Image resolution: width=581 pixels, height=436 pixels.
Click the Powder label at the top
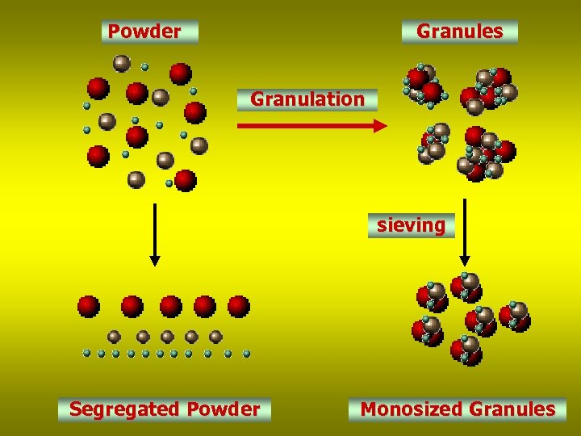pos(144,31)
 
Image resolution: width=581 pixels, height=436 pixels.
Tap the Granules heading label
pos(459,31)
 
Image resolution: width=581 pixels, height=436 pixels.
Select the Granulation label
pos(307,99)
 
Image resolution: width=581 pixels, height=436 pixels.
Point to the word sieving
pos(411,225)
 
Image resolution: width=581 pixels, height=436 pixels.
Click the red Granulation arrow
pos(311,125)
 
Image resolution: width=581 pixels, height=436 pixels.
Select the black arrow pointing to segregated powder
pos(155,234)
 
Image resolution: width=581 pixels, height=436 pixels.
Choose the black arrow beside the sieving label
pos(465,234)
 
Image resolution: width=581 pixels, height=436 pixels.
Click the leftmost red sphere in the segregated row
pos(89,307)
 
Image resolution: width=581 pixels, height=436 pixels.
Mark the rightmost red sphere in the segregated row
pos(238,307)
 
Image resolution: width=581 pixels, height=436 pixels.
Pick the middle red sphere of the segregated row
pos(170,307)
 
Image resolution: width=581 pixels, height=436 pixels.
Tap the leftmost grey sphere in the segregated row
pos(115,337)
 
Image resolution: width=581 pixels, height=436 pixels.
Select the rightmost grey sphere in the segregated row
pos(215,337)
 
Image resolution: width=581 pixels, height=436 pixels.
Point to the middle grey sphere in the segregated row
pos(167,337)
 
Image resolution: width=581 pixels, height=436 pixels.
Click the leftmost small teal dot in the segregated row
pos(86,354)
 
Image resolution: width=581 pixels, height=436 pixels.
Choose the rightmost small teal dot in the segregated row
pos(246,354)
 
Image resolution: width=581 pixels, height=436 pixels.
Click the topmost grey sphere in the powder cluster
pos(122,62)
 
